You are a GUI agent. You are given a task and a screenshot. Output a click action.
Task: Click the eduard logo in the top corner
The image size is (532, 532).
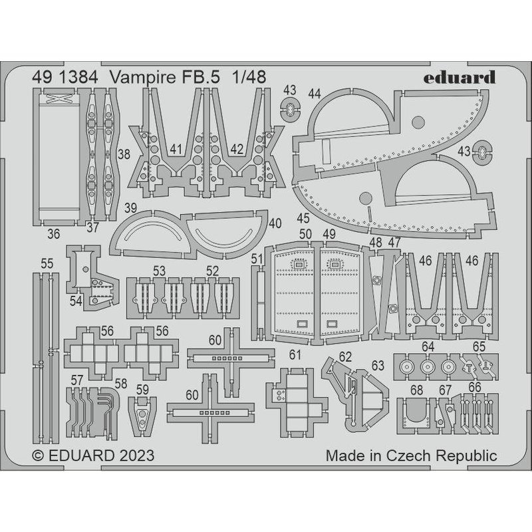pos(468,76)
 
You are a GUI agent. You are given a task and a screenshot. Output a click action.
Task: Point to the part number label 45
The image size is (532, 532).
pos(303,217)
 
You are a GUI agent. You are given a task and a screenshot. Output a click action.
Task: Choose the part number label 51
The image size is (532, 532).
pos(257,258)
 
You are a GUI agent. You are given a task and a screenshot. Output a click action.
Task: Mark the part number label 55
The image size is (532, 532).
pos(46,264)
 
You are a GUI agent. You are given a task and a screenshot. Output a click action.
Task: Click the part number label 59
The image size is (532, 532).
pos(143,391)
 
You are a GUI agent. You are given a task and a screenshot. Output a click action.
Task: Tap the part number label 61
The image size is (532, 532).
pos(295,353)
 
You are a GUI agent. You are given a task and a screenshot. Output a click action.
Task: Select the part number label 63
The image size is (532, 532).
pos(378,365)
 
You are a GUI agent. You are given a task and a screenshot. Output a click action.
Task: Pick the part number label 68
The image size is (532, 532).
pos(418,389)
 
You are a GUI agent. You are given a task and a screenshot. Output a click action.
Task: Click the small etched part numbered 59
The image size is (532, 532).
pos(141,416)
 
